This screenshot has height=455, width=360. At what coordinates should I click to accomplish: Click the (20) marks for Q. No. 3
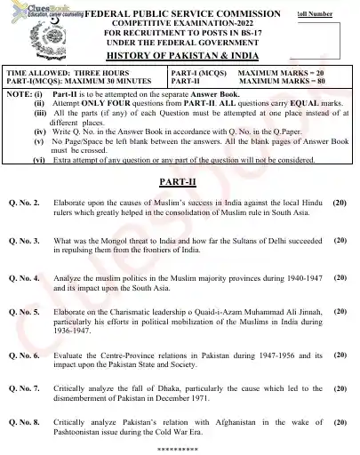(340, 240)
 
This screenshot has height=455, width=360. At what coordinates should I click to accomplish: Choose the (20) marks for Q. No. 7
(340, 388)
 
